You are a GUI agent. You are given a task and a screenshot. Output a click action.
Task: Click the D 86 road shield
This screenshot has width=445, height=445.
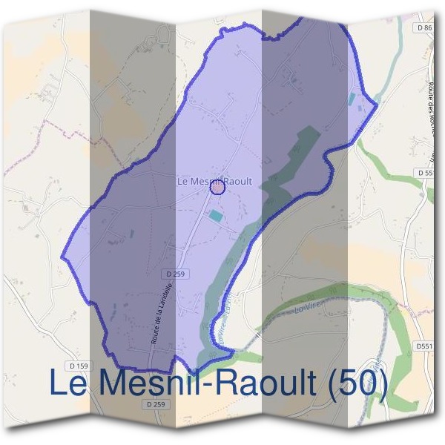425,27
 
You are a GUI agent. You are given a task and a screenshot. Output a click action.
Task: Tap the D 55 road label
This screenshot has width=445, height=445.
425,173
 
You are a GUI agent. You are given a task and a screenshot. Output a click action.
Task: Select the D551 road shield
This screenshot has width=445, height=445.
424,346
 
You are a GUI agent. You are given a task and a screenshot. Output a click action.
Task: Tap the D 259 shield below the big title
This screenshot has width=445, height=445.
155,404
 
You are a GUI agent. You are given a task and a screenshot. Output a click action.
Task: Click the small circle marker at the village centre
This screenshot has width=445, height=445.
217,188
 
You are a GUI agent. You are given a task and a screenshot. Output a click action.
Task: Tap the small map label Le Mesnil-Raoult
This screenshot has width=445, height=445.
215,181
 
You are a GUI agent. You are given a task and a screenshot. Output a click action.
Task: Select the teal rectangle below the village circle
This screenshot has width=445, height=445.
215,215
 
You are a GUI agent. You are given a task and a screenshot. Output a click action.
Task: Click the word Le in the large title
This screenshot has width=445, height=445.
70,383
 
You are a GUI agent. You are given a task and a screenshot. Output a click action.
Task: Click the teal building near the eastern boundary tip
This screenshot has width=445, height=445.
352,98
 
